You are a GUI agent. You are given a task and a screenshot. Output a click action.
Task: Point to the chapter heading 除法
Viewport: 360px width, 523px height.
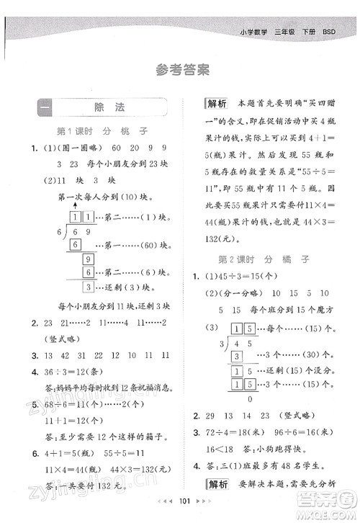109,107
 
